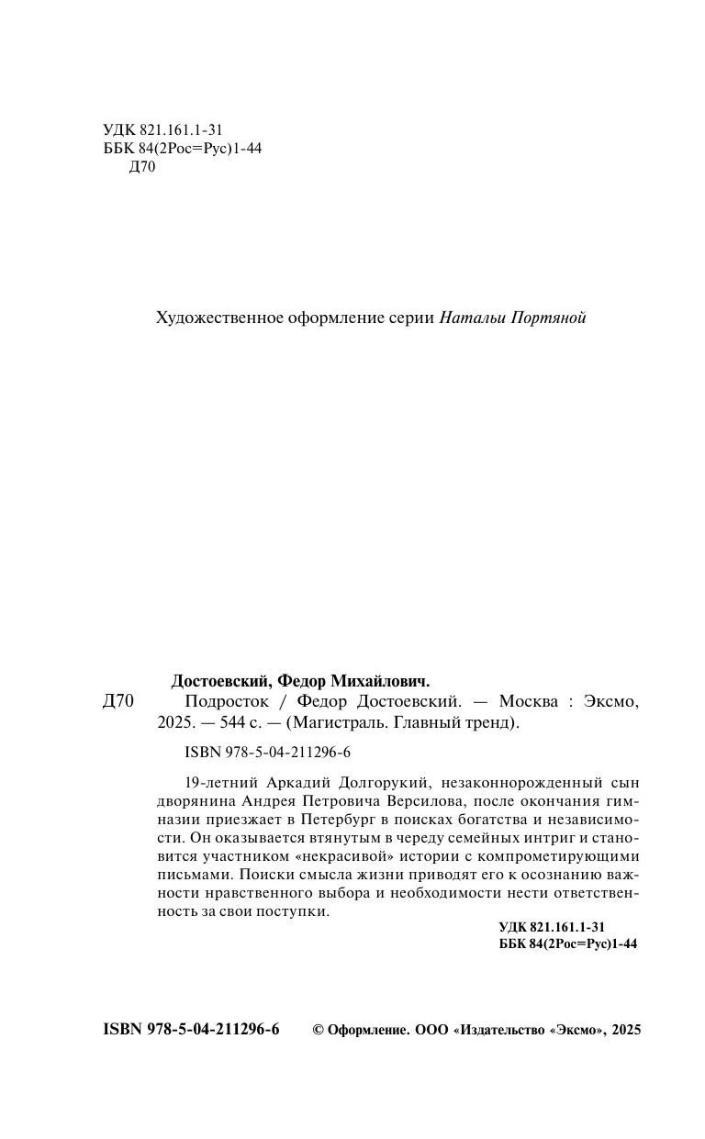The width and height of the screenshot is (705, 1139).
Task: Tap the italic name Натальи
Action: (x=470, y=318)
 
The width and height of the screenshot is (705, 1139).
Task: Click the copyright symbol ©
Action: (x=319, y=1031)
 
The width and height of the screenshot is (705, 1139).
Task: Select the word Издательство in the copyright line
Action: (x=501, y=1031)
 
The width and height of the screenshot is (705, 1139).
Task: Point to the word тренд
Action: (x=495, y=722)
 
